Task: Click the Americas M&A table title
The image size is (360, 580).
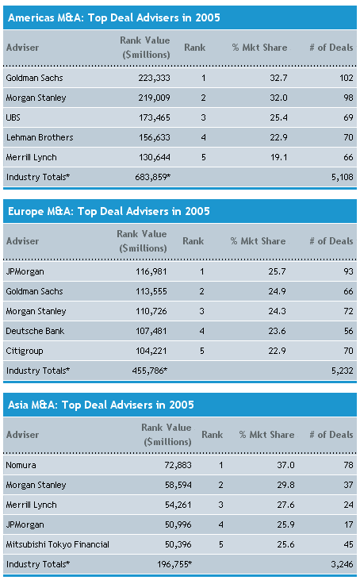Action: tap(114, 17)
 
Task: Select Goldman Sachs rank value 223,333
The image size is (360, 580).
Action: tap(154, 78)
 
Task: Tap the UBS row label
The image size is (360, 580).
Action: tap(13, 117)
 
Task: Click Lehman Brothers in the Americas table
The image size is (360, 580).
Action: tap(40, 137)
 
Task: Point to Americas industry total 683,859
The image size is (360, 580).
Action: tap(153, 177)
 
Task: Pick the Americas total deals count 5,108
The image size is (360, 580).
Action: tap(343, 177)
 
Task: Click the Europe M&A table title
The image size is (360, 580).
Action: tap(109, 211)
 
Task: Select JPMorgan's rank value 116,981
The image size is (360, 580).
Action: tap(151, 271)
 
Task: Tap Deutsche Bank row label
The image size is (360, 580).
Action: tap(35, 331)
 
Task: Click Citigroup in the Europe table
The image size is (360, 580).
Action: tap(25, 351)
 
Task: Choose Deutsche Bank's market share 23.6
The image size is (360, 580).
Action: tap(277, 331)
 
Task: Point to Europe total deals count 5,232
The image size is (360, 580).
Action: tap(343, 371)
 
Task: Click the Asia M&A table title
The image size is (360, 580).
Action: tap(101, 405)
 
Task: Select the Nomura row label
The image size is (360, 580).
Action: tap(21, 465)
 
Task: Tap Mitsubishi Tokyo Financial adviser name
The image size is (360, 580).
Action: tap(58, 544)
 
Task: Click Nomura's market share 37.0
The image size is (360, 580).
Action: tap(285, 465)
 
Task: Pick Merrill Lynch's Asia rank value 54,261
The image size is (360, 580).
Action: tap(178, 505)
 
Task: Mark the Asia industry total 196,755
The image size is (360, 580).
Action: tap(174, 564)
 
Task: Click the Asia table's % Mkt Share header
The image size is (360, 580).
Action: tap(267, 435)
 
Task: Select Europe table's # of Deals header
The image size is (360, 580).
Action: tap(331, 241)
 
